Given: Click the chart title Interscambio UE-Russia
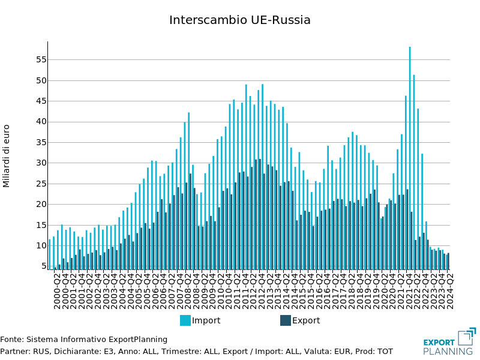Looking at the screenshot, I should coord(240,20).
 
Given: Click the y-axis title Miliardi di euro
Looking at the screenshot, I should coord(7,156).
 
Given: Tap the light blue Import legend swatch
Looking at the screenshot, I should coord(185,320).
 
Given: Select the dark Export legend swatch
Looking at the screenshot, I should coord(286,320).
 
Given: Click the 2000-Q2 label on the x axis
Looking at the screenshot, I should coord(58,291).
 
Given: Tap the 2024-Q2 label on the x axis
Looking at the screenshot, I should coord(450,291).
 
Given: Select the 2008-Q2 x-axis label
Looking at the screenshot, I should coord(188,291).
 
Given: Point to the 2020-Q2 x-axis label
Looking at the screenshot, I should coord(385,291).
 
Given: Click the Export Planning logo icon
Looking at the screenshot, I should coord(466,337).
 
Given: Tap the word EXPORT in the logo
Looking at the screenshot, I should coord(439,343).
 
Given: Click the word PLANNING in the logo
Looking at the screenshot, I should coord(448,352).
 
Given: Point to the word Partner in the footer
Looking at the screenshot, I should coord(14,351).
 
